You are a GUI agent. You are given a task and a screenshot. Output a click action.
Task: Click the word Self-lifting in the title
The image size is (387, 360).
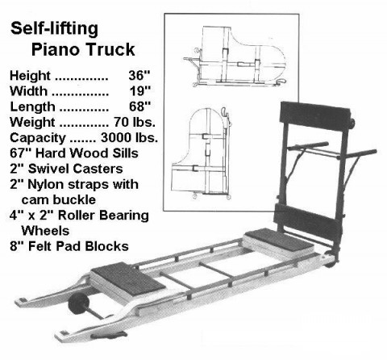(54, 29)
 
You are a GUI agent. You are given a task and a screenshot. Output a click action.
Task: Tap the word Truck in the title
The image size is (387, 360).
(110, 49)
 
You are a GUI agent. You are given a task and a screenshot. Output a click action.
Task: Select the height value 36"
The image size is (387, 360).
(139, 75)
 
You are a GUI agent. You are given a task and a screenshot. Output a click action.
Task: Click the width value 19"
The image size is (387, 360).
(139, 91)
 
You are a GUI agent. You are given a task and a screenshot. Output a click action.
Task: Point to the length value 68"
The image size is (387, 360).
(139, 107)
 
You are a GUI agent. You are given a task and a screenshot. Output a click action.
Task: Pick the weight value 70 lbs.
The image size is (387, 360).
(135, 122)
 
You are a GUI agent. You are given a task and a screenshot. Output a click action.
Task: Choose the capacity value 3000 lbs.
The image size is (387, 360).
(129, 138)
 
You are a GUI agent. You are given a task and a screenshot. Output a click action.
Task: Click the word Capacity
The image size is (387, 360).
(37, 138)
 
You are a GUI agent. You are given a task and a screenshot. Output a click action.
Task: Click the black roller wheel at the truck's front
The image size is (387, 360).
(78, 303)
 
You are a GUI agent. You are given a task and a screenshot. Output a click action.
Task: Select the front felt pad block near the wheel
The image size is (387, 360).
(127, 281)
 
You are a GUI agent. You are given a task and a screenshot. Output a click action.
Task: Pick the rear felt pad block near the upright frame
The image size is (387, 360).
(279, 241)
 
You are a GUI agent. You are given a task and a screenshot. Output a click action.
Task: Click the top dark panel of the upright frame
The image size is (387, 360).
(314, 116)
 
